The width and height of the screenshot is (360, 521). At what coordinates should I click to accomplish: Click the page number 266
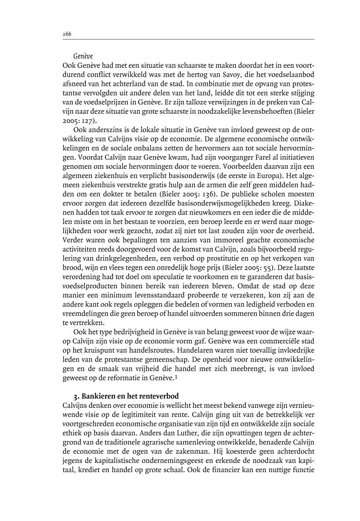(67, 34)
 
